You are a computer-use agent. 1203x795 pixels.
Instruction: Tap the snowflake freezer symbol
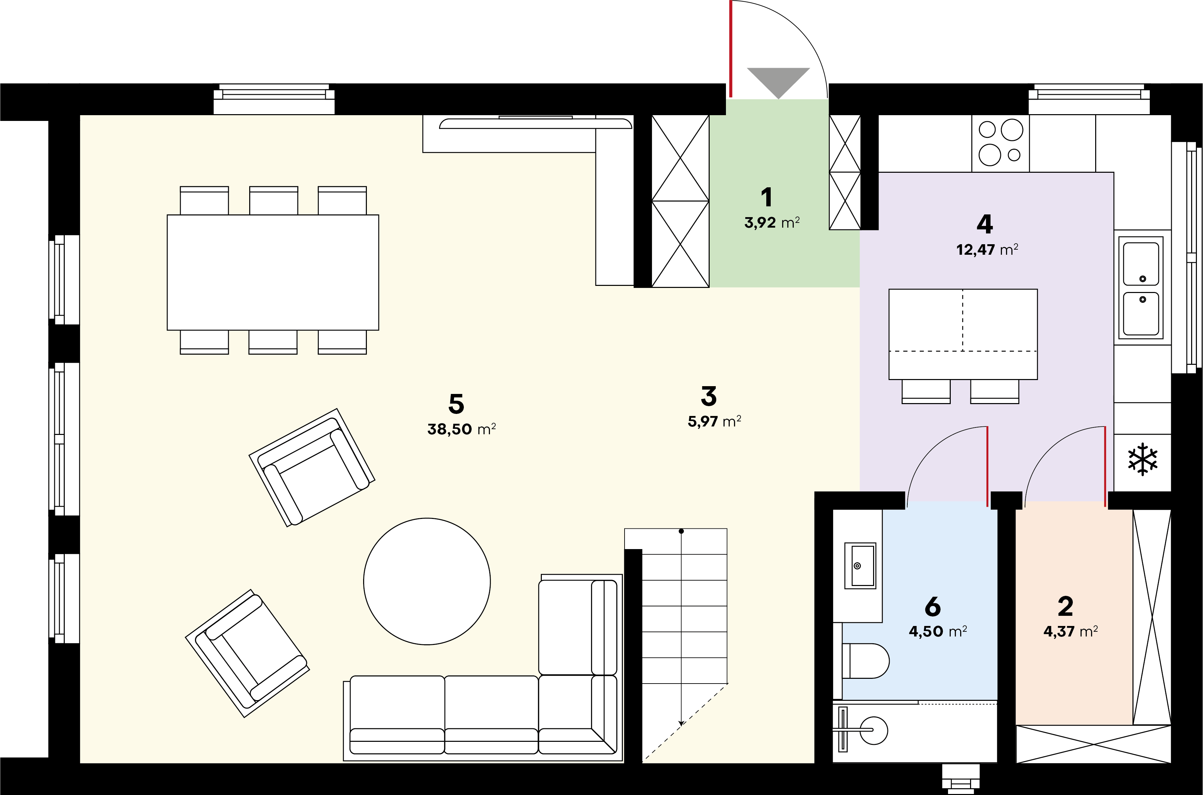(x=1143, y=459)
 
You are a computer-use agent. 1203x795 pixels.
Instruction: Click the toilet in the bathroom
(x=866, y=661)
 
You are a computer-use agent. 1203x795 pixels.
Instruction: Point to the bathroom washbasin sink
(x=860, y=565)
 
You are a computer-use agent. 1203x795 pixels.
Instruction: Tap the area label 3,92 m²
(x=772, y=223)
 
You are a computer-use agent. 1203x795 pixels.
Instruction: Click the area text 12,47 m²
(x=987, y=249)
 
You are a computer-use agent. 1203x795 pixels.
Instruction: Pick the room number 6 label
(x=932, y=606)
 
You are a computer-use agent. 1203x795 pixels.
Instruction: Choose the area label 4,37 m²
(x=1070, y=632)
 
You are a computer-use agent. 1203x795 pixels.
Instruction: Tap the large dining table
(x=273, y=272)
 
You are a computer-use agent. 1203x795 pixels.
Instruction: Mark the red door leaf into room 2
(x=1105, y=466)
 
